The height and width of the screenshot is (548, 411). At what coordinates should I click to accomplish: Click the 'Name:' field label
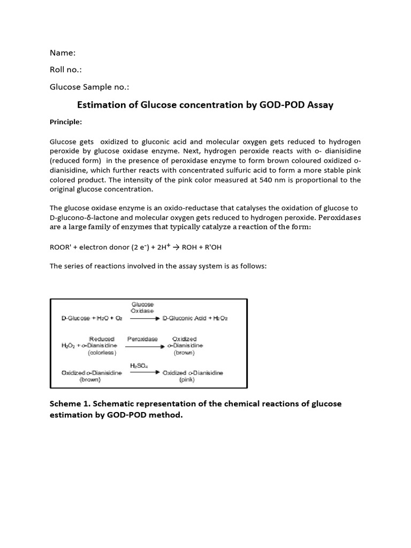pyautogui.click(x=63, y=52)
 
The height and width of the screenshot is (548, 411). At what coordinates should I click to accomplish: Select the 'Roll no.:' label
pyautogui.click(x=66, y=70)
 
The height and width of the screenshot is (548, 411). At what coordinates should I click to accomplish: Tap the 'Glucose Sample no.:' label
pyautogui.click(x=89, y=87)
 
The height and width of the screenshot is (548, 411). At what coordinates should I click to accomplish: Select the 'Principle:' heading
pyautogui.click(x=66, y=121)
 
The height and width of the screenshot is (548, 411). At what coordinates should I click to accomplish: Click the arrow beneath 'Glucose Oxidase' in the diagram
pyautogui.click(x=144, y=318)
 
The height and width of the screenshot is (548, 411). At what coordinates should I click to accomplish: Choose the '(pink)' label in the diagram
pyautogui.click(x=187, y=379)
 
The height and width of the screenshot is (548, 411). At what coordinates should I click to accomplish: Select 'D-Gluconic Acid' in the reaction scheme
pyautogui.click(x=184, y=318)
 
